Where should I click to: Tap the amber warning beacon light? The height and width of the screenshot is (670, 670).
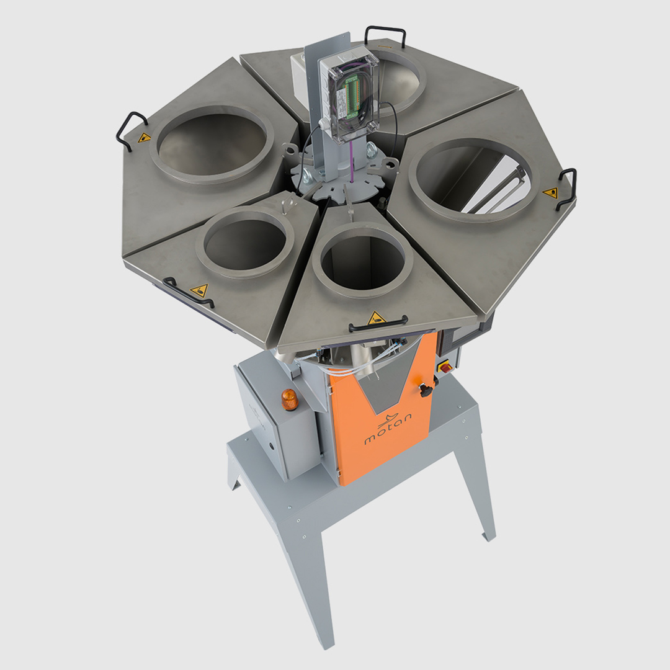(x=289, y=400)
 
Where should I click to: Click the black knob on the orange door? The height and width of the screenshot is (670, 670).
(x=425, y=390)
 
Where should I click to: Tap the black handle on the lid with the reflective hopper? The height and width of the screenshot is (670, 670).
(x=568, y=188)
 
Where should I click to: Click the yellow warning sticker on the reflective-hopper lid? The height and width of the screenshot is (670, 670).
(x=550, y=193)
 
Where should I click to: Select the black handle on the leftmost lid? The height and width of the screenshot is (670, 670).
(x=130, y=130)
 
